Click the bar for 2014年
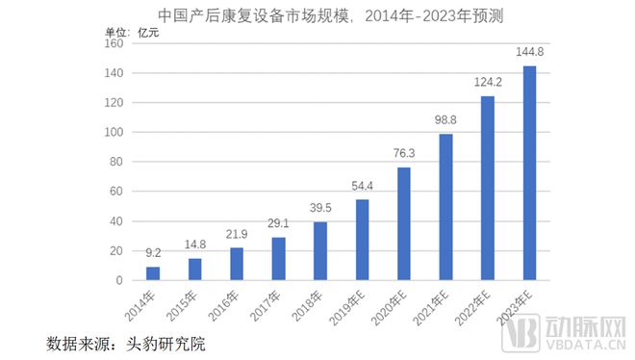pos(153,273)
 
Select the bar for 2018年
pos(320,251)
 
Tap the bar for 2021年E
pos(445,207)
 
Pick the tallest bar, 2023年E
pos(529,173)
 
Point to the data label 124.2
pos(488,83)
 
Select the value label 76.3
pos(404,154)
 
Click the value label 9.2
pos(153,254)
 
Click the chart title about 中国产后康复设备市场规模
pos(317,13)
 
